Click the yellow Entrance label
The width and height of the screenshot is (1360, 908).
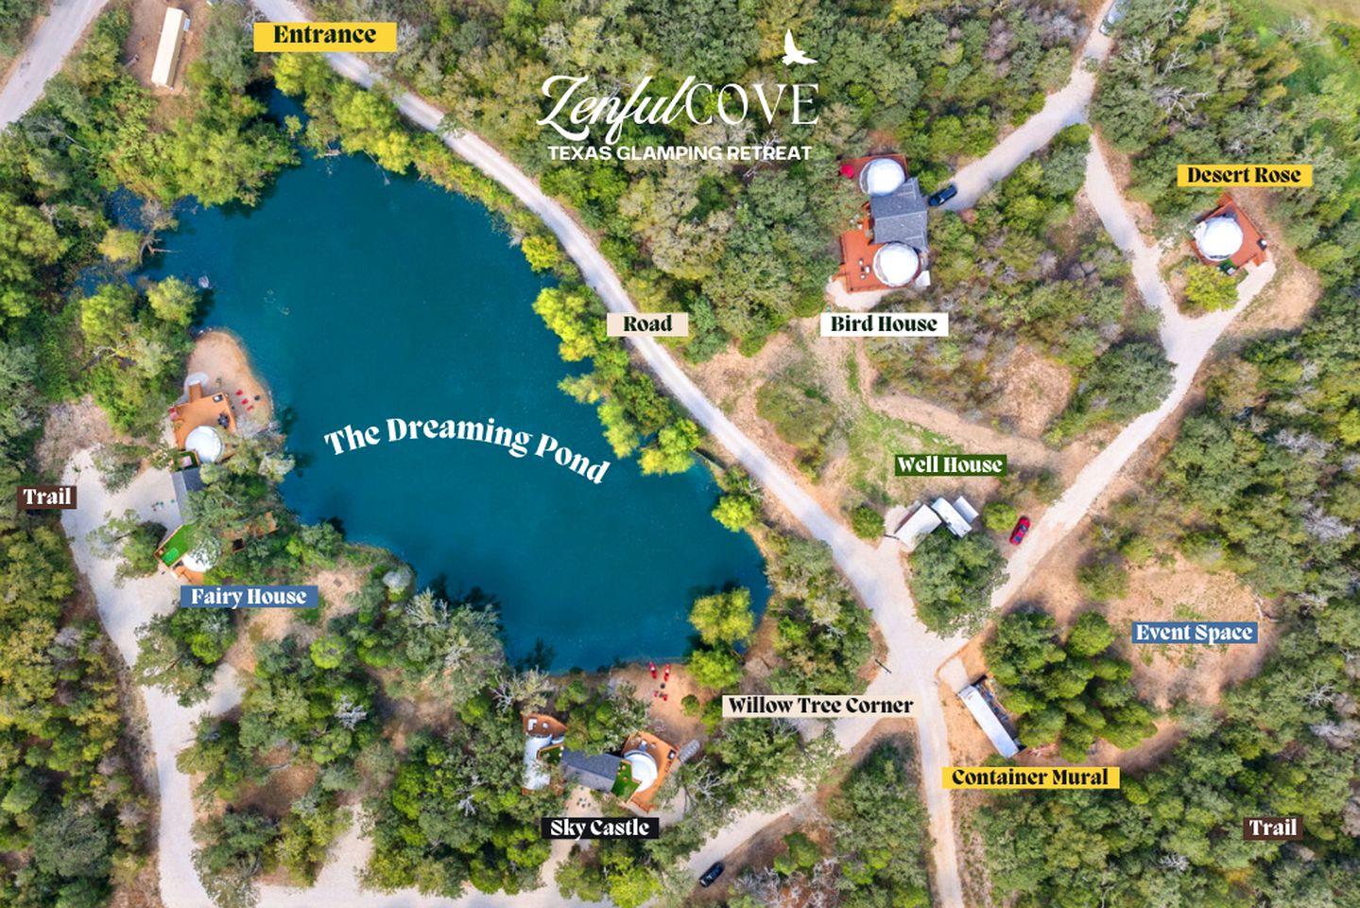tap(324, 36)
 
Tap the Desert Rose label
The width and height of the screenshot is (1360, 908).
tap(1244, 175)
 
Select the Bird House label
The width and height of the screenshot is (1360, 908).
tap(883, 324)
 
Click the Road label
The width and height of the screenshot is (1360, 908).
tap(647, 324)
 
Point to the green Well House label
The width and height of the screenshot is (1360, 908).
tap(949, 464)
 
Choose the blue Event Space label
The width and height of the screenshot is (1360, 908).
tap(1194, 633)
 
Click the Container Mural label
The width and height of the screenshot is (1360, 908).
tap(1029, 777)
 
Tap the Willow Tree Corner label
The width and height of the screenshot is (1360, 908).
tap(819, 706)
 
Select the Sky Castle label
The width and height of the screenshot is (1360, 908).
tap(599, 829)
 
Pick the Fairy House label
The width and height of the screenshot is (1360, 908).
tap(249, 597)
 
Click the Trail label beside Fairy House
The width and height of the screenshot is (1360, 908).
tap(47, 497)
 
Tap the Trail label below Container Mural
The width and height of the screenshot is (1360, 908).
tap(1272, 829)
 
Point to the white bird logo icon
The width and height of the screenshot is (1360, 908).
tap(796, 48)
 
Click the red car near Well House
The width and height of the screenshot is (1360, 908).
tap(1019, 530)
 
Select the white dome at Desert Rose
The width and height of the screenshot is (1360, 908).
tap(1216, 237)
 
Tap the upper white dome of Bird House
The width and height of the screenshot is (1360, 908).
tap(882, 177)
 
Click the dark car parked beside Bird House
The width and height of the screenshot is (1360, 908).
tap(941, 196)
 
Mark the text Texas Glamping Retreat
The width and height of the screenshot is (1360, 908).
tap(680, 152)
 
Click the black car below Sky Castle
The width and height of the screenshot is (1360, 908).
tap(712, 873)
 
